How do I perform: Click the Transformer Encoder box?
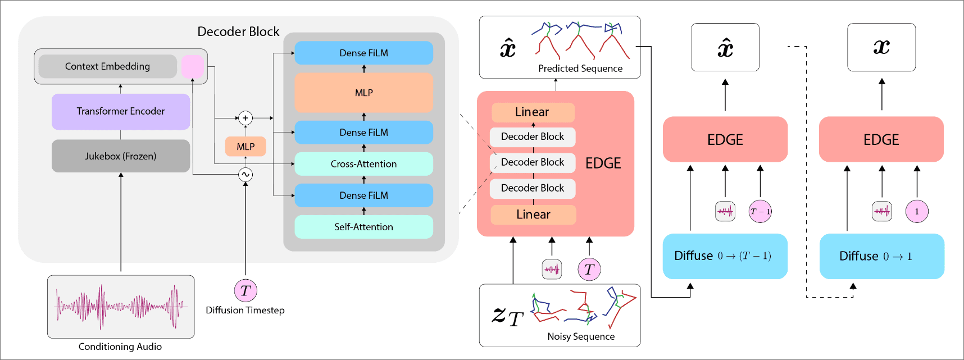(x=121, y=111)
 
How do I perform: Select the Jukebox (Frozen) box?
(x=121, y=156)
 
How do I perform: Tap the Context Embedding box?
(x=107, y=66)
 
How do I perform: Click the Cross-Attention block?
(x=363, y=164)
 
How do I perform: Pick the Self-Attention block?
(x=363, y=227)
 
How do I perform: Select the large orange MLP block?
(x=363, y=93)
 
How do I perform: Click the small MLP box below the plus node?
(x=245, y=147)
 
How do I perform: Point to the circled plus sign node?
(x=245, y=118)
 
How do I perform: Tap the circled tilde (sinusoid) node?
(x=245, y=175)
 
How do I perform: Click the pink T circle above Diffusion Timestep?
(x=245, y=290)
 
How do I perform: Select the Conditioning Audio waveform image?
(x=121, y=307)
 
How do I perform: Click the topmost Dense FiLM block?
(x=363, y=53)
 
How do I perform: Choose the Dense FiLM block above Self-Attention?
(x=363, y=195)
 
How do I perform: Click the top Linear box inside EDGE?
(x=533, y=112)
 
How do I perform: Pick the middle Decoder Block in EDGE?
(x=533, y=162)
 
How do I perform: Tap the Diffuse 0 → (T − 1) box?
(x=725, y=256)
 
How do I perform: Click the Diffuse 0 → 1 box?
(x=881, y=256)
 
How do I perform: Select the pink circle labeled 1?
(x=917, y=212)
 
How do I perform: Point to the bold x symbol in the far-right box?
(x=881, y=47)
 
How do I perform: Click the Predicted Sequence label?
(x=580, y=69)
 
